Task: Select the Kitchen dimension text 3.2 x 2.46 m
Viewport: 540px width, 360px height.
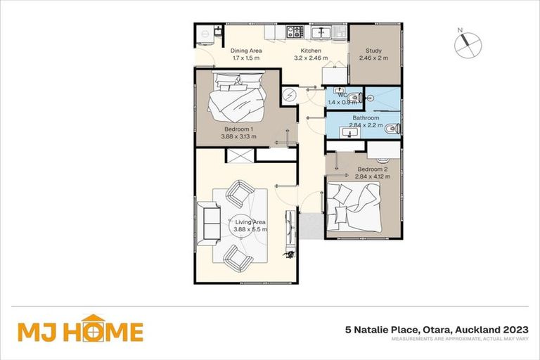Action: (311, 59)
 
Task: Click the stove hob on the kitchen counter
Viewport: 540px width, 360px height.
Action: (295, 31)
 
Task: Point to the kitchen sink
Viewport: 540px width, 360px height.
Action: (323, 32)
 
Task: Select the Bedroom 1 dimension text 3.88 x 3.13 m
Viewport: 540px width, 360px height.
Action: (239, 137)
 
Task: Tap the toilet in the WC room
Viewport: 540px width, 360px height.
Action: (356, 98)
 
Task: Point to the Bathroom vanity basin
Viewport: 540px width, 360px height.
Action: (349, 131)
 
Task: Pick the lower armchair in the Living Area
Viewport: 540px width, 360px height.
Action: (238, 258)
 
